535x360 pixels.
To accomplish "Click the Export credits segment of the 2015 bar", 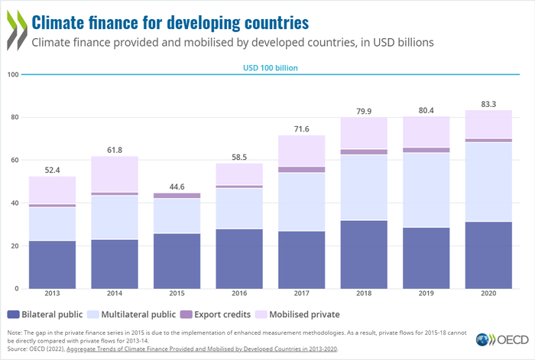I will point(177,196).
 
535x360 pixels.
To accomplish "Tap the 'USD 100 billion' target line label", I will point(270,68).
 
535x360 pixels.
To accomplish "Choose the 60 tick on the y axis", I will point(13,161).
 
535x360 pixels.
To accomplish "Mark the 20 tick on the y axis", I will point(13,246).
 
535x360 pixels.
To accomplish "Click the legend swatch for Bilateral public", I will point(14,314).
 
